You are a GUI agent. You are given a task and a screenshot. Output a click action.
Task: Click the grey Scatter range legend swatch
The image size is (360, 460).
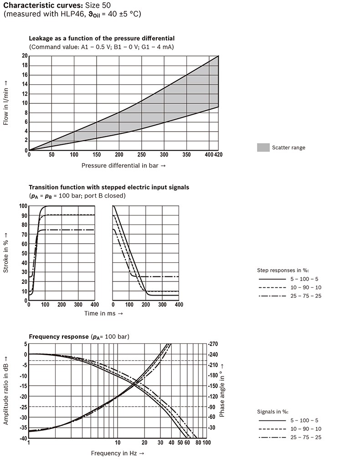263,147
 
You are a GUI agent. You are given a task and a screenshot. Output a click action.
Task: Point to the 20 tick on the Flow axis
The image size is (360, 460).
24,56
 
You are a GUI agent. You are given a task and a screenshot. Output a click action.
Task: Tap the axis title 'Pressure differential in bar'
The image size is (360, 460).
123,165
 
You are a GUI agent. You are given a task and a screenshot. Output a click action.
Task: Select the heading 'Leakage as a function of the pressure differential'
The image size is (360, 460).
102,38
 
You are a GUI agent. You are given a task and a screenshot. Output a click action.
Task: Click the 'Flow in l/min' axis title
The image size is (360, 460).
6,103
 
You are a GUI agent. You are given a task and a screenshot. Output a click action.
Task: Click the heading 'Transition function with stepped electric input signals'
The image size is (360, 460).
109,187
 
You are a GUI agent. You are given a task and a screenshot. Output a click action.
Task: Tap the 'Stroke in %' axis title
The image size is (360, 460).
6,253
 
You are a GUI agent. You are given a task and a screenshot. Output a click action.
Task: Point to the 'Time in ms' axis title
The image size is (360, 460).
103,313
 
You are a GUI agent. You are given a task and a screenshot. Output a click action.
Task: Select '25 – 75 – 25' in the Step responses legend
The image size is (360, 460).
305,296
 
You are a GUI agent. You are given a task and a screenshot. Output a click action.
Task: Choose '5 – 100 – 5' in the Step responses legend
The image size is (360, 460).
305,278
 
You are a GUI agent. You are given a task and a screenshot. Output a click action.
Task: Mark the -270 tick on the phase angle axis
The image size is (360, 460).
214,344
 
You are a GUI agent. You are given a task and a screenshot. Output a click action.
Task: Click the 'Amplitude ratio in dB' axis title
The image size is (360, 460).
6,391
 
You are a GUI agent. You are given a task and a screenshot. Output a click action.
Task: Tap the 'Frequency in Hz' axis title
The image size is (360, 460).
118,453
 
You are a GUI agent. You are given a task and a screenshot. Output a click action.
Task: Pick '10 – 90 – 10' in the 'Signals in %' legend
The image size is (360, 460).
305,429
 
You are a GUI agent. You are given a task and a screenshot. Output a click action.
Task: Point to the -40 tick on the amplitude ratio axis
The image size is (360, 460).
22,438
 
